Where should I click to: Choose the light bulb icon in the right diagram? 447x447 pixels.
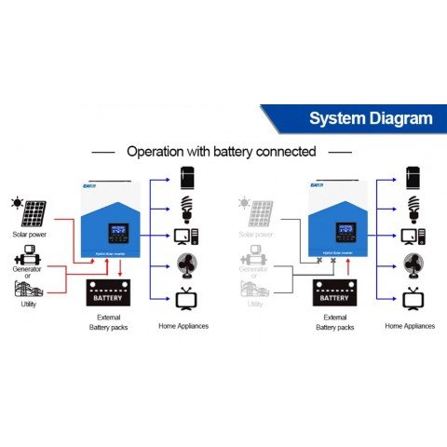[413, 207]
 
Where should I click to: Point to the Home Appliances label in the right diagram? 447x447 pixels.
[411, 326]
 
